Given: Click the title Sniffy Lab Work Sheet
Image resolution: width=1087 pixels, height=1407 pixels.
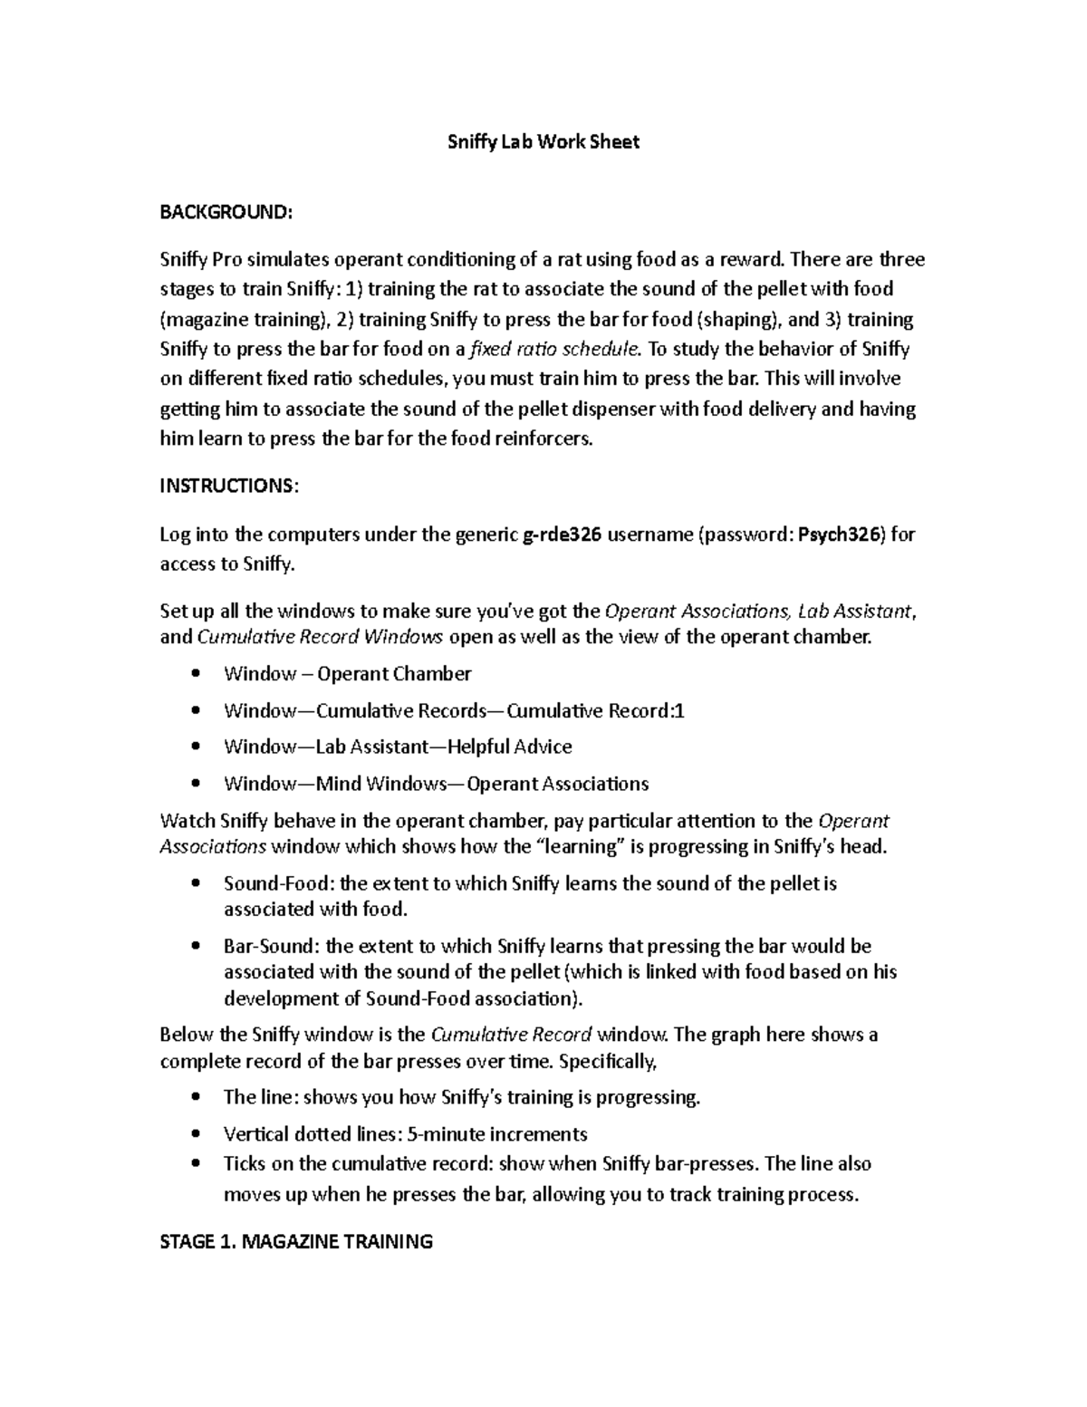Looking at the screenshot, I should click(x=543, y=141).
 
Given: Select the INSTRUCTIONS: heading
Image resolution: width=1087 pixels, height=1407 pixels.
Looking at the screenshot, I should click(x=228, y=486).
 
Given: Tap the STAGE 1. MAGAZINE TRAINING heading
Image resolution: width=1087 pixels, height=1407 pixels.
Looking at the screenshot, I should click(x=296, y=1241).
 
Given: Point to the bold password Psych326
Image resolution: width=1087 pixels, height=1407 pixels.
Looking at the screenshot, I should click(x=839, y=535).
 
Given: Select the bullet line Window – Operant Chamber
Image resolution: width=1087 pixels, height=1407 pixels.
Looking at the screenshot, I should click(x=348, y=673).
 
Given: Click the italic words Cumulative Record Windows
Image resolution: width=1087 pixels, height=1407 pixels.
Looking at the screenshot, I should click(x=320, y=637).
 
